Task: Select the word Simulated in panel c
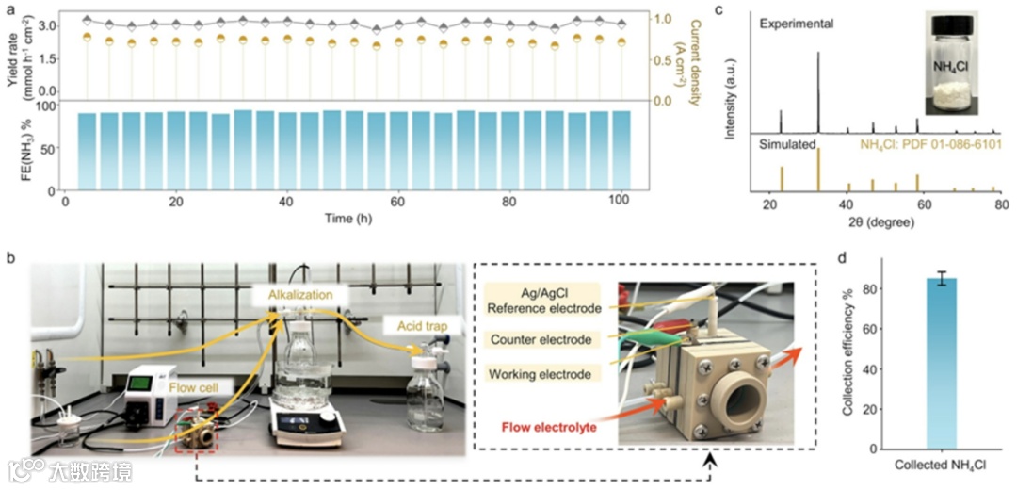click(x=788, y=145)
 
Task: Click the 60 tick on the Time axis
click(x=398, y=202)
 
